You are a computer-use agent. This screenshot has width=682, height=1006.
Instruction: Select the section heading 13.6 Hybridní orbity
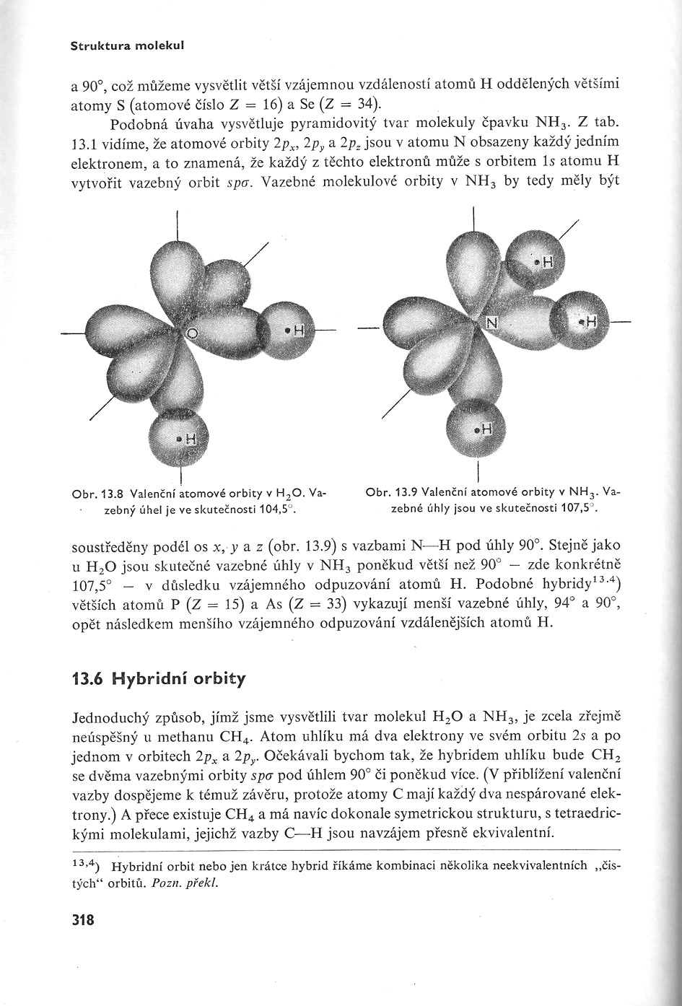click(159, 679)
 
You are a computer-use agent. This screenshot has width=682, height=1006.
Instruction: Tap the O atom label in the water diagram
click(192, 333)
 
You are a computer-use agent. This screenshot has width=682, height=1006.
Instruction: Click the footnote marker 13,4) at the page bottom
click(86, 864)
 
